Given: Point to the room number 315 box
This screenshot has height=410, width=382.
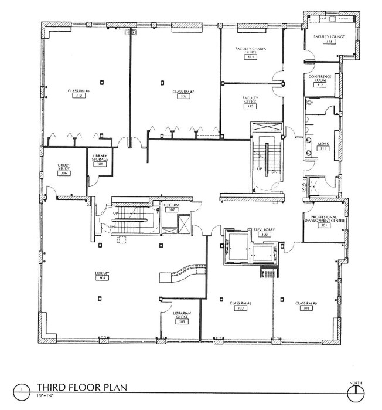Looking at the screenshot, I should tap(251, 106).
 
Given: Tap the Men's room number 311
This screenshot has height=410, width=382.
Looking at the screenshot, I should tap(322, 149).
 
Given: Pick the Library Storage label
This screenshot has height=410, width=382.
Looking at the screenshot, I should tap(101, 158).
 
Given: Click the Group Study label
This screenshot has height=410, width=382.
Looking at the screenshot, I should tap(64, 167).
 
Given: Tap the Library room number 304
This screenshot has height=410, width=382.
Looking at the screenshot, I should tap(103, 278).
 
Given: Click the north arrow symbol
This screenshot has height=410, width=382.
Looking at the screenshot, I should tap(355, 390).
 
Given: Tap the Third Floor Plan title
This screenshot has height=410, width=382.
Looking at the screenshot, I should tap(79, 387).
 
